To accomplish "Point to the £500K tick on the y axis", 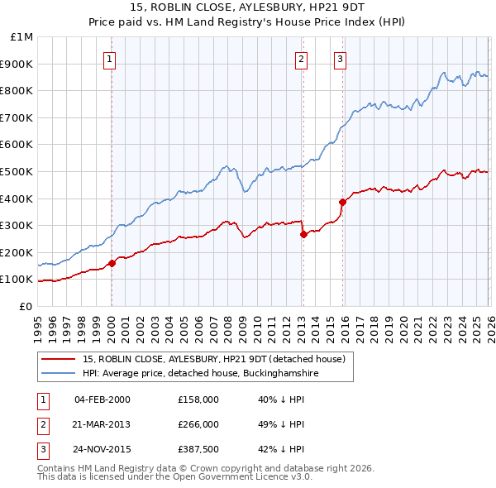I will [x=18, y=171].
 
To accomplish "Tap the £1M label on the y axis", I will [x=22, y=36].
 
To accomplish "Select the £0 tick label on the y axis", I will [x=26, y=306].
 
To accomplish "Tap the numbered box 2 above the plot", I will [x=302, y=59].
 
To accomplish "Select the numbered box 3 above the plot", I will [x=340, y=59].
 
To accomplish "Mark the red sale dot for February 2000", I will [x=112, y=264].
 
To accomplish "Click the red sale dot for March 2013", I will [x=303, y=234].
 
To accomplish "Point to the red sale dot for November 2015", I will [x=341, y=202].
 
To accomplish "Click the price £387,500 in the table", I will [x=198, y=449].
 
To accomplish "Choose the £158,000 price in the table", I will [x=198, y=399].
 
